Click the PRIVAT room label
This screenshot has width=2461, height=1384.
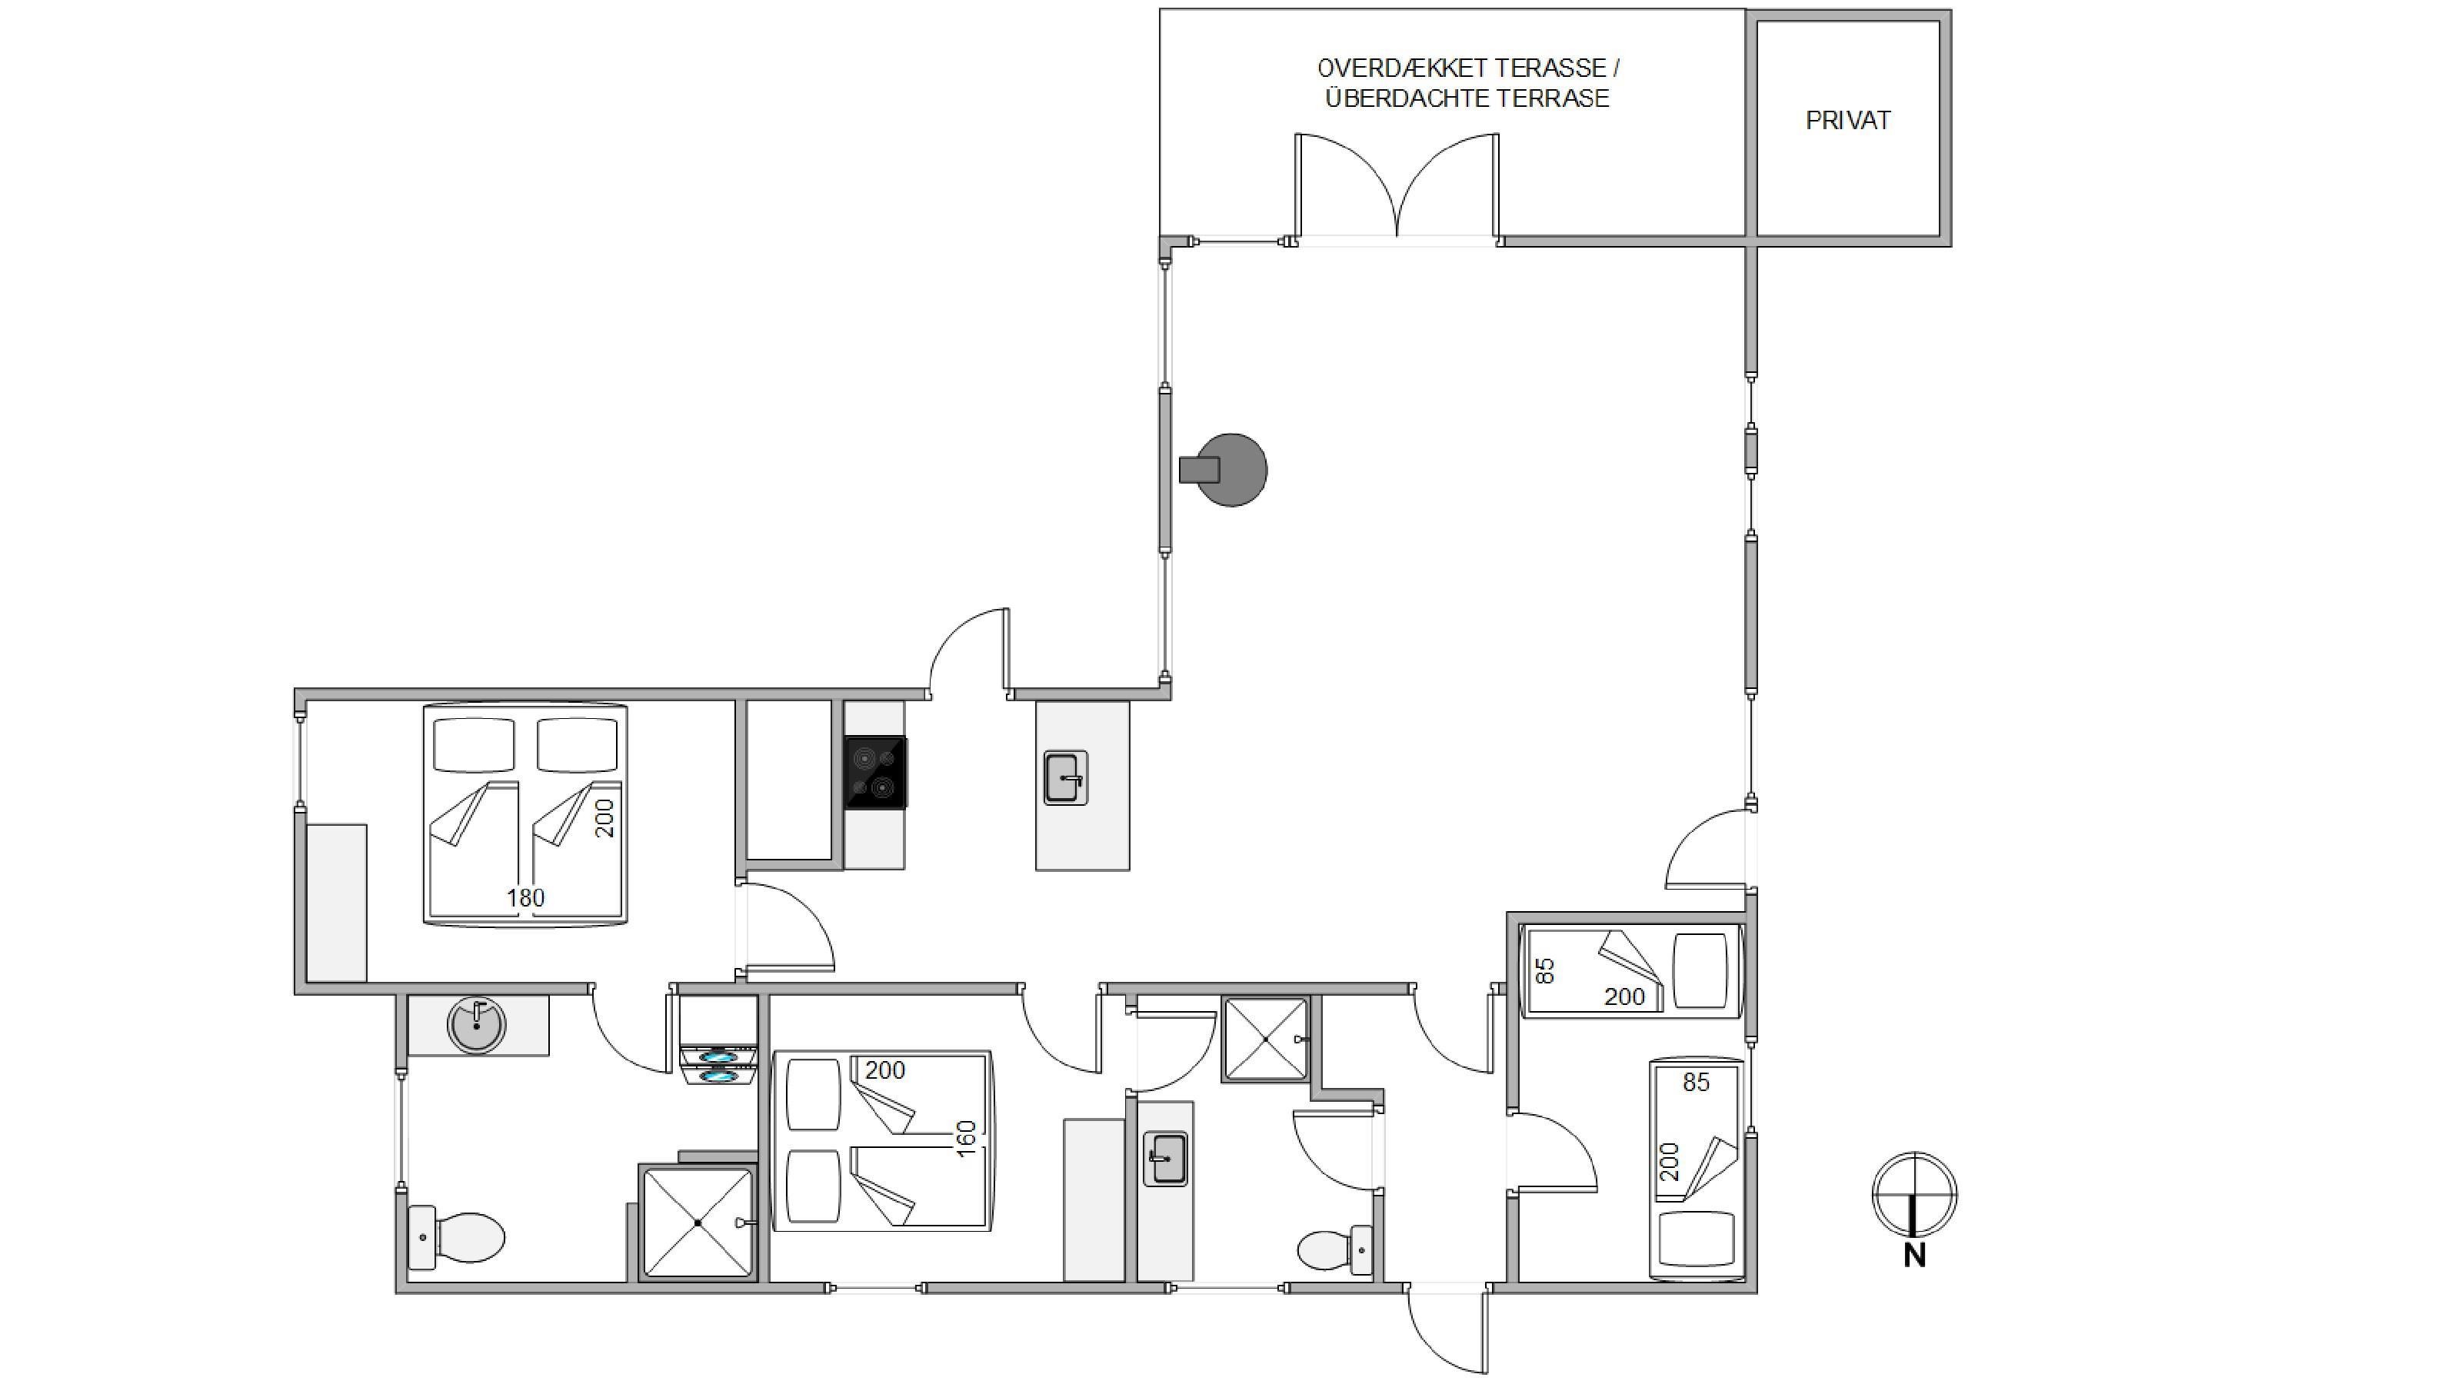tap(1847, 121)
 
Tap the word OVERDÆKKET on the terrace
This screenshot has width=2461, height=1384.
tap(1400, 68)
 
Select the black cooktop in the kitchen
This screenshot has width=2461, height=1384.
tap(876, 773)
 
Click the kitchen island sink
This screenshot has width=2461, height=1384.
tap(1065, 777)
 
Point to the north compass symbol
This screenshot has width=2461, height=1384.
tap(1913, 1194)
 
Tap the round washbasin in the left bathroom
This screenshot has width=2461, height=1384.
tap(477, 1025)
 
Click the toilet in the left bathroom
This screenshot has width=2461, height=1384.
tap(456, 1238)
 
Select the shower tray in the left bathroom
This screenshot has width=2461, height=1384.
tap(698, 1223)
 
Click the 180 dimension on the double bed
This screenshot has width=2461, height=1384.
tap(525, 898)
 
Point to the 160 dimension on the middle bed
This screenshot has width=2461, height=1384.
tap(966, 1139)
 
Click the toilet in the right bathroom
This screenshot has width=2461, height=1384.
tap(1336, 1249)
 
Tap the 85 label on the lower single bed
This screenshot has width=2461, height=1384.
tap(1696, 1082)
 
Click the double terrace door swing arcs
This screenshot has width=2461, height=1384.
tap(1397, 185)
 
